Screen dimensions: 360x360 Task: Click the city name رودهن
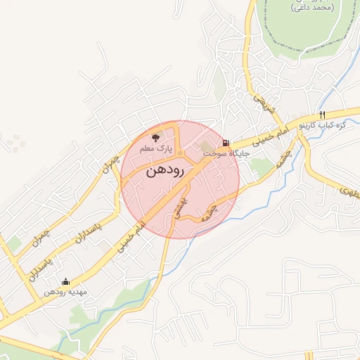pos(166,171)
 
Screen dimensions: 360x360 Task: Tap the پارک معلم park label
pos(155,150)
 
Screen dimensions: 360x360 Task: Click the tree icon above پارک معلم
pos(155,137)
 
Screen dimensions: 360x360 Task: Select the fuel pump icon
pos(225,141)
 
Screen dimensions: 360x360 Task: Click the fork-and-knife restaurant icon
pos(322,115)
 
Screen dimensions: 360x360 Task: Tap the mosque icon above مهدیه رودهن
pos(66,281)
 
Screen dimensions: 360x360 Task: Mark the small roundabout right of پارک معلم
pos(180,153)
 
